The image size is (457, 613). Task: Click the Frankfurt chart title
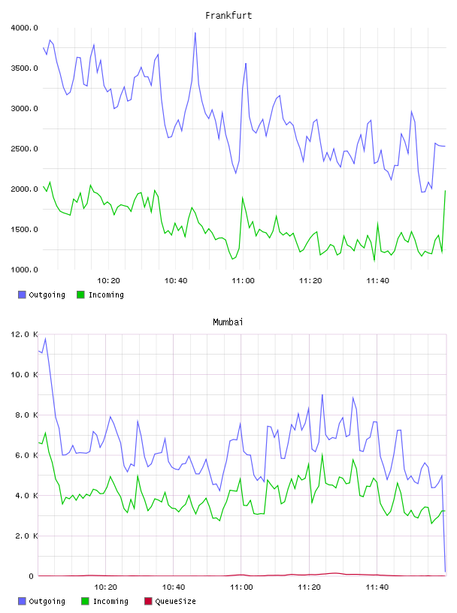pos(228,15)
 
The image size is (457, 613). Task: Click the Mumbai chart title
pos(228,322)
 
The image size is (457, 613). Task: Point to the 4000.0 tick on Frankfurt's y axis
pos(24,28)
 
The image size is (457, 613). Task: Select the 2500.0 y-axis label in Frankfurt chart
pos(24,149)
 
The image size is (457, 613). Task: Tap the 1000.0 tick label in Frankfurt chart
pos(24,270)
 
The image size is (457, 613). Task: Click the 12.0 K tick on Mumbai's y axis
pos(24,334)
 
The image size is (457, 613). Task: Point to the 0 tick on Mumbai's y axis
pos(31,576)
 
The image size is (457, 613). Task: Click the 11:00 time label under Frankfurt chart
pos(243,280)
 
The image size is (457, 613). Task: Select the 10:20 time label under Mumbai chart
pos(106,587)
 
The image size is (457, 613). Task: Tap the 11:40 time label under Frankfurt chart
pos(377,280)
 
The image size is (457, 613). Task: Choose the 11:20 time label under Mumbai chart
pos(309,587)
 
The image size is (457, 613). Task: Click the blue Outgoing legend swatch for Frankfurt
pos(22,294)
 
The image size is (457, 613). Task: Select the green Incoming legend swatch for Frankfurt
pos(80,294)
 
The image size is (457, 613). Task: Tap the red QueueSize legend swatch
pos(148,601)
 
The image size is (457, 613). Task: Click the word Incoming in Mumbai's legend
pos(110,601)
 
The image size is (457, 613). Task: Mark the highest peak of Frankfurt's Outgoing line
pos(195,33)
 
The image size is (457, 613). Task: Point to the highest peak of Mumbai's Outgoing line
pos(45,338)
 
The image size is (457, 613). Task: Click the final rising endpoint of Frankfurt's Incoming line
pos(445,190)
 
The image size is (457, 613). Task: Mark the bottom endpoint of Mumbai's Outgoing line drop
pos(445,572)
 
